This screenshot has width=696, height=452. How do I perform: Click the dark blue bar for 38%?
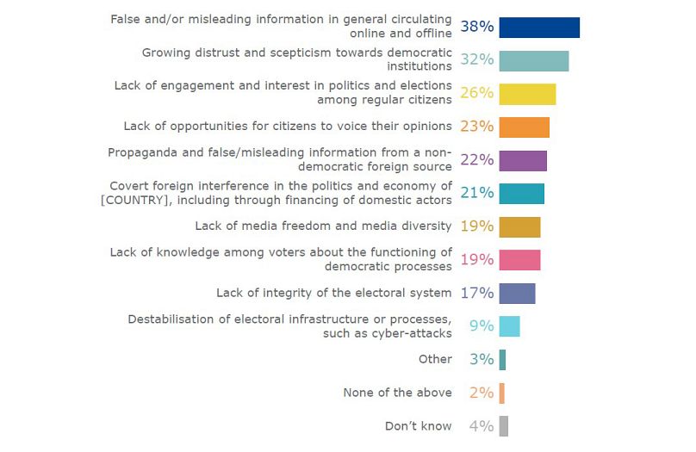[539, 27]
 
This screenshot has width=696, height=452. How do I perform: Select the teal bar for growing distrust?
[533, 60]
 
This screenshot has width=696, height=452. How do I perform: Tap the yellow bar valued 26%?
[527, 94]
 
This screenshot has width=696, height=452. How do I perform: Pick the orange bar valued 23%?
[524, 127]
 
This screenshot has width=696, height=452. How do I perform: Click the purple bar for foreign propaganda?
[523, 160]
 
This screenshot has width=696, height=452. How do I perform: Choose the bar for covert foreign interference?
[521, 194]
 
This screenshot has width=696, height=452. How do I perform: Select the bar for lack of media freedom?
[519, 226]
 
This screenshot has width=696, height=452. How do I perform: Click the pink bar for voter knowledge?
[519, 260]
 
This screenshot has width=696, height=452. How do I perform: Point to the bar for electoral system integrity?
[517, 294]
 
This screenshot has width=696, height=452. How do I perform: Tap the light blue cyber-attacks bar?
[509, 326]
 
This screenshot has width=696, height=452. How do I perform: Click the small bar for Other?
[502, 360]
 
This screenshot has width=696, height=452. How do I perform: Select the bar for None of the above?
[501, 393]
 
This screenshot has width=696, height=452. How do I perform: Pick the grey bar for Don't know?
[503, 426]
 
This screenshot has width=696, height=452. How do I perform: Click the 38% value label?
[476, 27]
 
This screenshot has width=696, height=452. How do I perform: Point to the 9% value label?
[481, 326]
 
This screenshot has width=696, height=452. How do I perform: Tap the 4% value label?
[481, 426]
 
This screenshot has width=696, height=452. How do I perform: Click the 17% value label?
[476, 294]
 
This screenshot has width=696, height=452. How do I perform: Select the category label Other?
[435, 360]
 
